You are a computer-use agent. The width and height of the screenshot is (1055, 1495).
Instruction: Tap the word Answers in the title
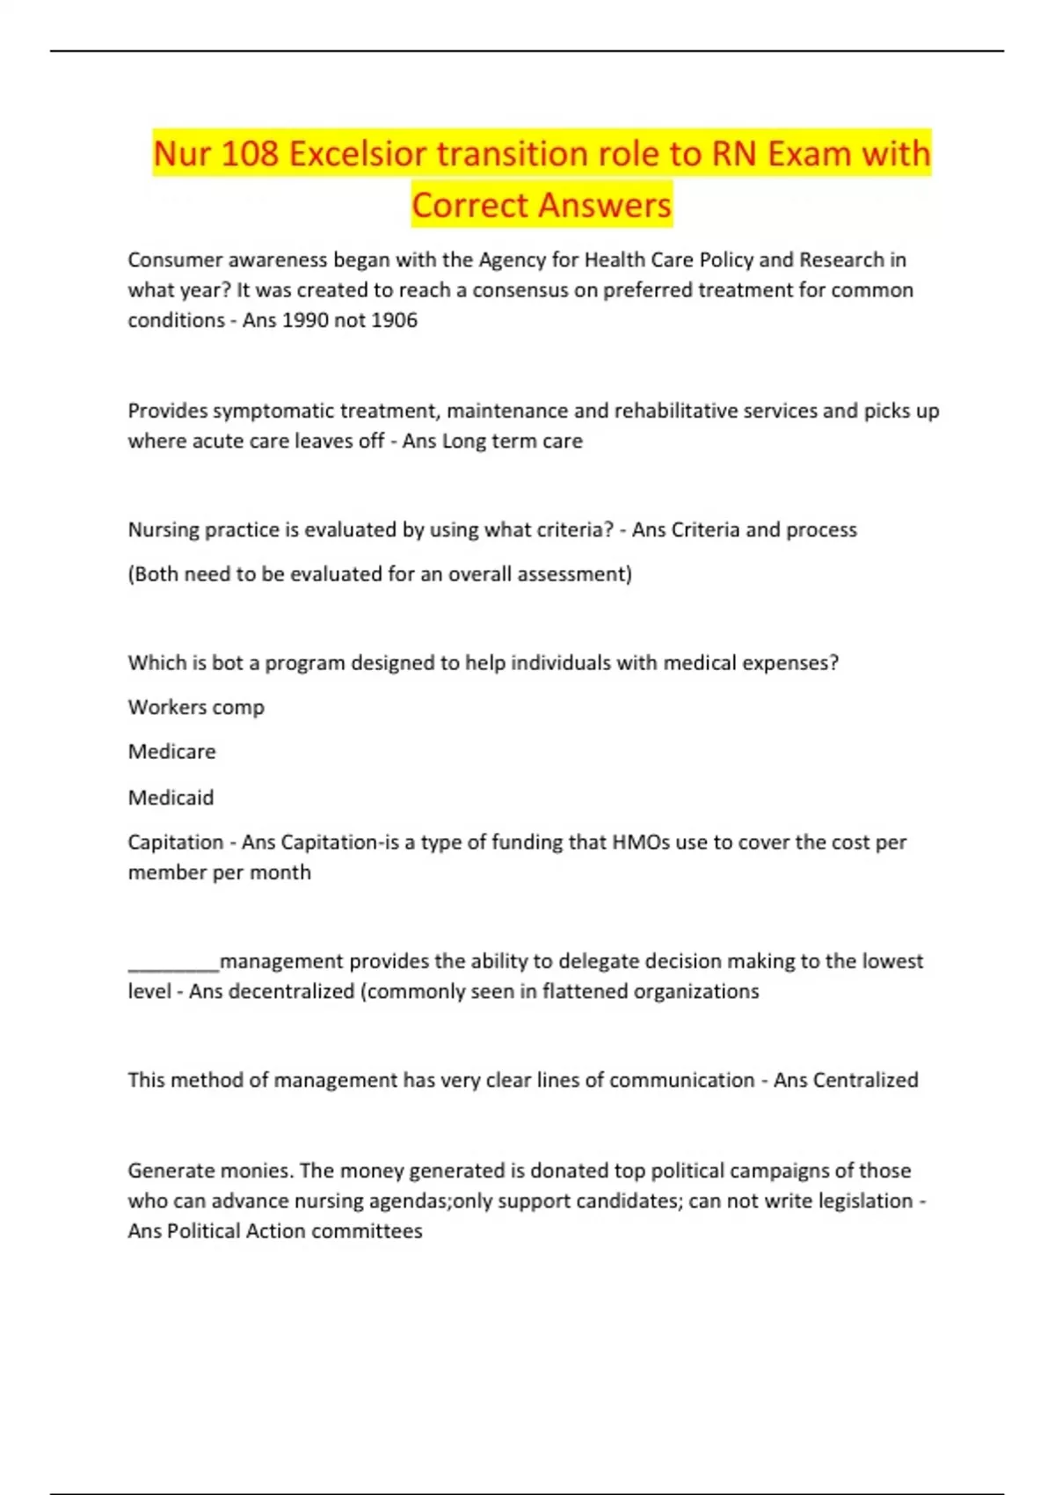(606, 206)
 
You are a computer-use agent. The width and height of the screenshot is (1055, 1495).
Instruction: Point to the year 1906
(394, 320)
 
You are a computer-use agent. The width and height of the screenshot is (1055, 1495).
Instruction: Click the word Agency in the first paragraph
(512, 260)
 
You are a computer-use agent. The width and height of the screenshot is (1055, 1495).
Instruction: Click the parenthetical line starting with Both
(380, 574)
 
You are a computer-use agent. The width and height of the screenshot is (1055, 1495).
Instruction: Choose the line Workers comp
(196, 707)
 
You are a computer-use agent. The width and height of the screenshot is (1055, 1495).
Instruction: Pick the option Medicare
(171, 752)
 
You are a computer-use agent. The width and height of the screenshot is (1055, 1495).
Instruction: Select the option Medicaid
(171, 798)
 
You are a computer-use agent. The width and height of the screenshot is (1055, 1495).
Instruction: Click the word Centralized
(865, 1080)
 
